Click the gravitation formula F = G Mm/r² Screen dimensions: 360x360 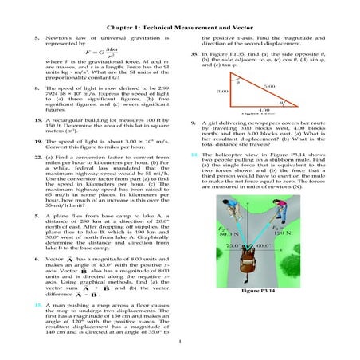pos(94,56)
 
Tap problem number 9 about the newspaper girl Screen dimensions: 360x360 pos(195,124)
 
